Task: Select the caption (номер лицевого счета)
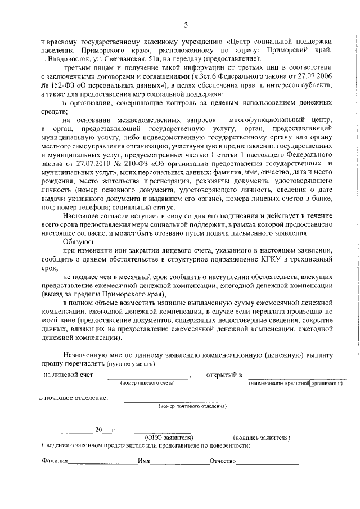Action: (147, 383)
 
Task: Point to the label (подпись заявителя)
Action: (262, 437)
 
